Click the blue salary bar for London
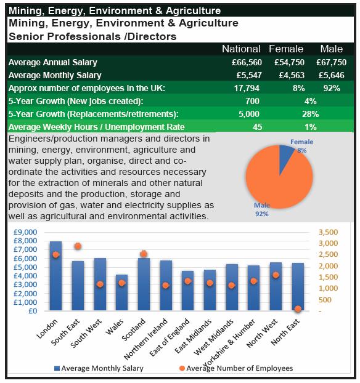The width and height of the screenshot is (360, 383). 55,276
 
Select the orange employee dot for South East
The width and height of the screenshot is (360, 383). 78,246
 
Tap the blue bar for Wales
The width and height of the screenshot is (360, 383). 122,292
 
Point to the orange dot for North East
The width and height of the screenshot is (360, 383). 298,308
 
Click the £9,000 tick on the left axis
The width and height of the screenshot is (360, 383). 25,232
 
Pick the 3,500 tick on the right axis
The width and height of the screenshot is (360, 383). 328,232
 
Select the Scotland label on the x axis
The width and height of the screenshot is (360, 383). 134,330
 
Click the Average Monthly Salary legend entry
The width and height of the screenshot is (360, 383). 99,368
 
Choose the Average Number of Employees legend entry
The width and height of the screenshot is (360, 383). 236,368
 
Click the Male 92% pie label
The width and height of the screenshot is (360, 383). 262,209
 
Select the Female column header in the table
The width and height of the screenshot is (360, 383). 286,49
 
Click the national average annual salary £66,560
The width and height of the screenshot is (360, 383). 247,63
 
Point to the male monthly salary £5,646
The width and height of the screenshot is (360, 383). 332,75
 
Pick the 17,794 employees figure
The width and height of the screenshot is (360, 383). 247,88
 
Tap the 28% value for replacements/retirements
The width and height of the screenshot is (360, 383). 310,114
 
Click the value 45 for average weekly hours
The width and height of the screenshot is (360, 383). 257,127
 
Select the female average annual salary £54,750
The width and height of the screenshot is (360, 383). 290,63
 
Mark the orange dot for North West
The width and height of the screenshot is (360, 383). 276,275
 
